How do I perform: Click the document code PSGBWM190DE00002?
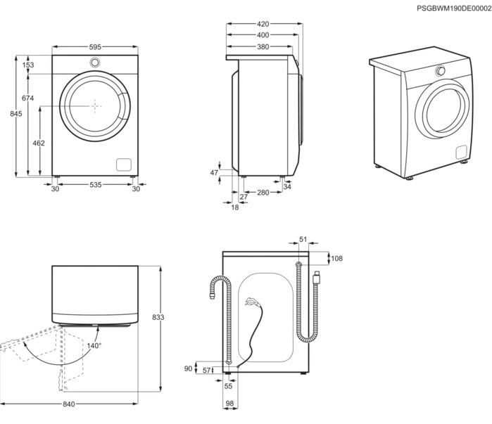click(x=454, y=8)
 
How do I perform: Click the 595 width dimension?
click(x=95, y=47)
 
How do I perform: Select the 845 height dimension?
click(x=16, y=114)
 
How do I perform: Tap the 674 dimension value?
click(x=27, y=98)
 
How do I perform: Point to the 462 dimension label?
click(x=39, y=143)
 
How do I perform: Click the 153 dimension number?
click(x=28, y=65)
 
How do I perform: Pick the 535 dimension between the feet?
click(x=96, y=185)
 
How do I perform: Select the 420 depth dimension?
click(x=263, y=24)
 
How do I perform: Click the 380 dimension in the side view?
click(x=263, y=46)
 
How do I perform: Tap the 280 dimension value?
click(x=263, y=193)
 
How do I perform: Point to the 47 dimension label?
click(x=214, y=173)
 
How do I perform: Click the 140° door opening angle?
click(x=94, y=346)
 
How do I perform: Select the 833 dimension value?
click(x=158, y=317)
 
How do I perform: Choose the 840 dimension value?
click(x=69, y=404)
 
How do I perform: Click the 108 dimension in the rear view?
click(x=336, y=259)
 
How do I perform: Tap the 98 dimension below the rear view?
click(x=229, y=404)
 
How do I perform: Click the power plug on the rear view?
click(x=252, y=302)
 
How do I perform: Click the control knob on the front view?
click(x=95, y=63)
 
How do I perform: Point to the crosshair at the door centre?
click(x=96, y=106)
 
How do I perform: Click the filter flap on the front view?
click(x=124, y=165)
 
